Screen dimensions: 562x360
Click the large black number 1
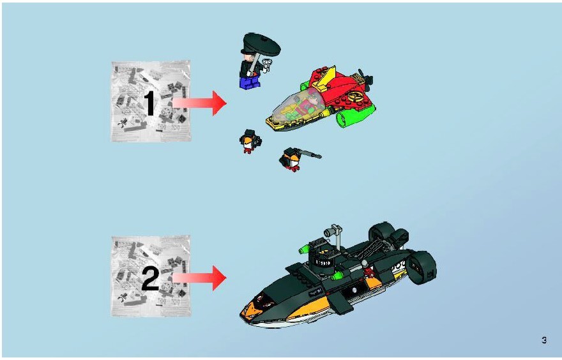[150, 103]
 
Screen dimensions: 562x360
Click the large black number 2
[150, 278]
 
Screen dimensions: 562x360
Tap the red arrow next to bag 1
[199, 103]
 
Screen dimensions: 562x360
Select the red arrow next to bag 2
[199, 278]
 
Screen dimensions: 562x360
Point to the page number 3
[544, 340]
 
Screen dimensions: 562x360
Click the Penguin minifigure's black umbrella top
[262, 44]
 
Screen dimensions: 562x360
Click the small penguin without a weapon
[250, 141]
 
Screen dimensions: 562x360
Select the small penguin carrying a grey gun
[291, 160]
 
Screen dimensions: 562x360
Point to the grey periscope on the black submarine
[333, 234]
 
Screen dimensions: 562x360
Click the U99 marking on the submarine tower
[323, 262]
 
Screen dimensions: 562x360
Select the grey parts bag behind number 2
[151, 276]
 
